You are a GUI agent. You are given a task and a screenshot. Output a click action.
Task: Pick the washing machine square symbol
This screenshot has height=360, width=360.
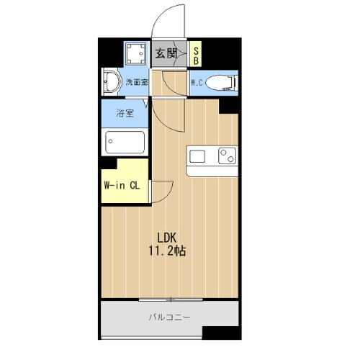pyautogui.click(x=134, y=53)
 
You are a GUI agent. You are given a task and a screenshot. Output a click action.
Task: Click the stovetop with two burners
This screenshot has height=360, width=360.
pyautogui.click(x=227, y=155)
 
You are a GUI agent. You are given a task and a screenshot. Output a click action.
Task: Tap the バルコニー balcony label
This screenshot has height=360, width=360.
pyautogui.click(x=170, y=315)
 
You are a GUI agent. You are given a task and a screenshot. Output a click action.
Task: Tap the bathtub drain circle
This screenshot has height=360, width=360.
pyautogui.click(x=110, y=140)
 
